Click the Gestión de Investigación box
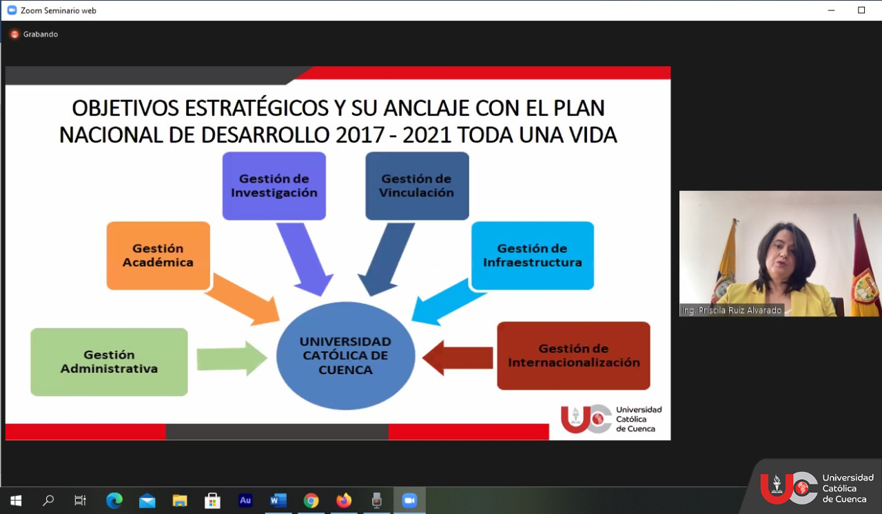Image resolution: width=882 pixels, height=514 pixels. click(x=274, y=186)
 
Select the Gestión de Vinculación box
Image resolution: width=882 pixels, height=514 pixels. click(x=417, y=186)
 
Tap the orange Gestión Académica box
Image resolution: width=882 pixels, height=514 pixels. click(x=158, y=256)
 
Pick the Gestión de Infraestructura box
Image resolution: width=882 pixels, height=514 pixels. click(x=533, y=256)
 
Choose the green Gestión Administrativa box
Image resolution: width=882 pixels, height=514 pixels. click(x=109, y=362)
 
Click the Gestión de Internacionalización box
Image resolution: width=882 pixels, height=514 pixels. click(x=573, y=356)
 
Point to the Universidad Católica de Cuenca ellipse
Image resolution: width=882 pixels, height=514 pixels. click(x=345, y=356)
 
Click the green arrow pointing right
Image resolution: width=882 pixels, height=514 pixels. click(x=232, y=358)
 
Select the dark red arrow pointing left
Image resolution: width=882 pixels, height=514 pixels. click(x=458, y=358)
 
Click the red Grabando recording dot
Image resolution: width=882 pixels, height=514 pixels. click(x=14, y=34)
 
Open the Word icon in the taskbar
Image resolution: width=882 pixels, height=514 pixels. click(x=278, y=501)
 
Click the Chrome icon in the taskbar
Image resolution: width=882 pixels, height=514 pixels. click(x=311, y=501)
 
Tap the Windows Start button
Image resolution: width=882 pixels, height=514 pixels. click(x=16, y=501)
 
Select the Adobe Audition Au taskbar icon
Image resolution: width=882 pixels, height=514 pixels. click(x=245, y=500)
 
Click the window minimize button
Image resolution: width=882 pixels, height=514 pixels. click(x=831, y=10)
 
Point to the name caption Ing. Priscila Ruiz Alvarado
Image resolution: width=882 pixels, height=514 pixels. click(x=732, y=310)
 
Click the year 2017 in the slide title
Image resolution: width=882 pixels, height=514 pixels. click(x=360, y=135)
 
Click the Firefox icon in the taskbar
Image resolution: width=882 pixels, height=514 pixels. click(x=344, y=501)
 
